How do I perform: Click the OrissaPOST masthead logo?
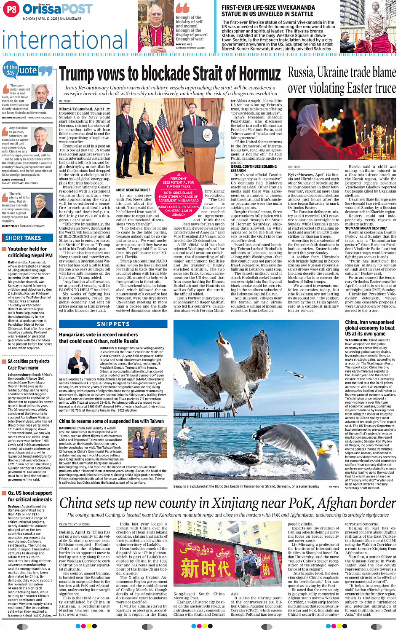pos(58,9)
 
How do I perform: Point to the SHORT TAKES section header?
pos(23,238)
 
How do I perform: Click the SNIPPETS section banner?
pos(113,324)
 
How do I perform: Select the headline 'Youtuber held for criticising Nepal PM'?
pos(30,252)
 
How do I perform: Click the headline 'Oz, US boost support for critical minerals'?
pos(30,496)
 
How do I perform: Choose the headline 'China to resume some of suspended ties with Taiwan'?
pos(111,421)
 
